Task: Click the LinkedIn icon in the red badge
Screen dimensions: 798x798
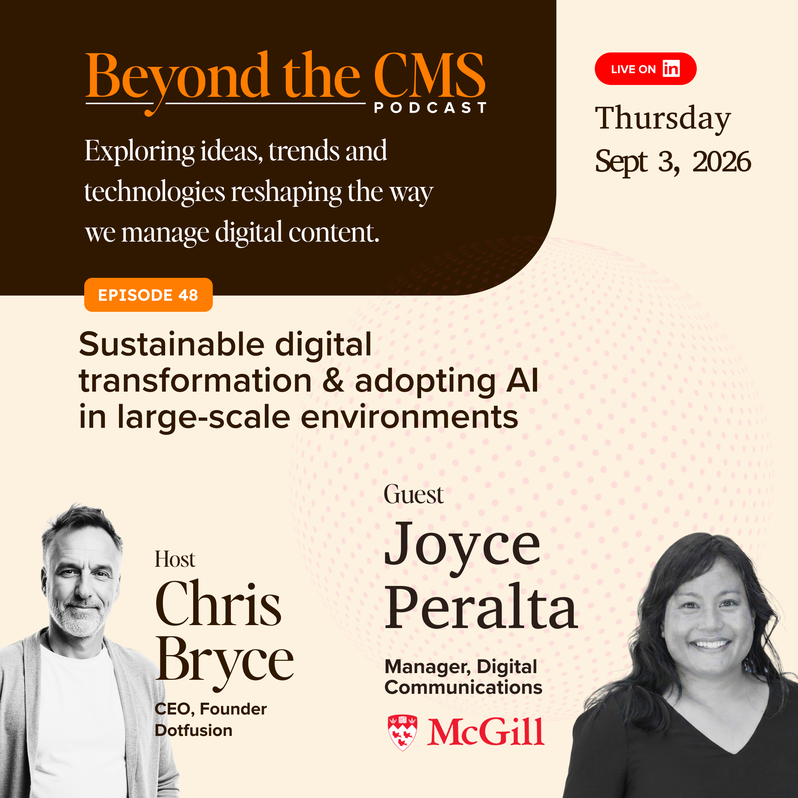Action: (x=671, y=69)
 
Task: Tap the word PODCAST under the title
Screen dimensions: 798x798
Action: (x=430, y=108)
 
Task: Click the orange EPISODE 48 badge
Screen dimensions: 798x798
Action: (x=148, y=295)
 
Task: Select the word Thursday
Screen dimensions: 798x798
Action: (x=662, y=119)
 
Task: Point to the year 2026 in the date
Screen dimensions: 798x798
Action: (x=722, y=161)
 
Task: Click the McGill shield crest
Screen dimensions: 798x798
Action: (x=403, y=732)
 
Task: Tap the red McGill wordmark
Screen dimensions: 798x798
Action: (x=486, y=731)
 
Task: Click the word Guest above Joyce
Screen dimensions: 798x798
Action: (x=413, y=494)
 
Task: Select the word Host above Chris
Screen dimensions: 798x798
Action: (x=175, y=559)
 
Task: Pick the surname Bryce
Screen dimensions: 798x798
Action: (x=224, y=661)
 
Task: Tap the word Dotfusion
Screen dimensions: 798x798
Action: (x=193, y=730)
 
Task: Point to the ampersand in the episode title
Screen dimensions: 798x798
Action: (x=333, y=381)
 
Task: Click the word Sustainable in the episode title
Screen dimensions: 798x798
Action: (x=172, y=344)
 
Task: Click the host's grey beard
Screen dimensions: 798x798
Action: (x=78, y=620)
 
